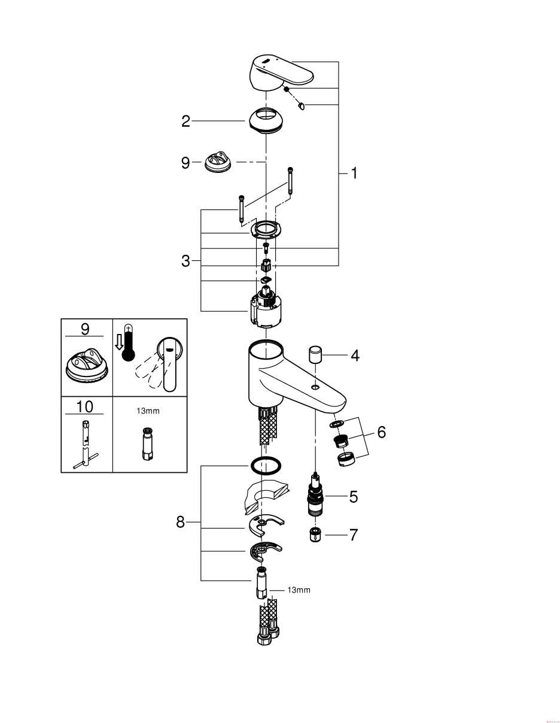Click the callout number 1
(354, 174)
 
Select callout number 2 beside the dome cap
(185, 121)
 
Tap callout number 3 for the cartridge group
(185, 261)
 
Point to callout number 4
(355, 356)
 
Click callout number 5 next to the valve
(353, 497)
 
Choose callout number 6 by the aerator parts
(382, 432)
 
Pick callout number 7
(353, 535)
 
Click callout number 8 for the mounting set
(180, 522)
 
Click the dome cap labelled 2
(266, 121)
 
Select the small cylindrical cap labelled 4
(316, 356)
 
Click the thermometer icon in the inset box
(127, 344)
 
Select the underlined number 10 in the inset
(84, 407)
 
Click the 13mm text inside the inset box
(148, 411)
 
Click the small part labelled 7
(315, 534)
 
